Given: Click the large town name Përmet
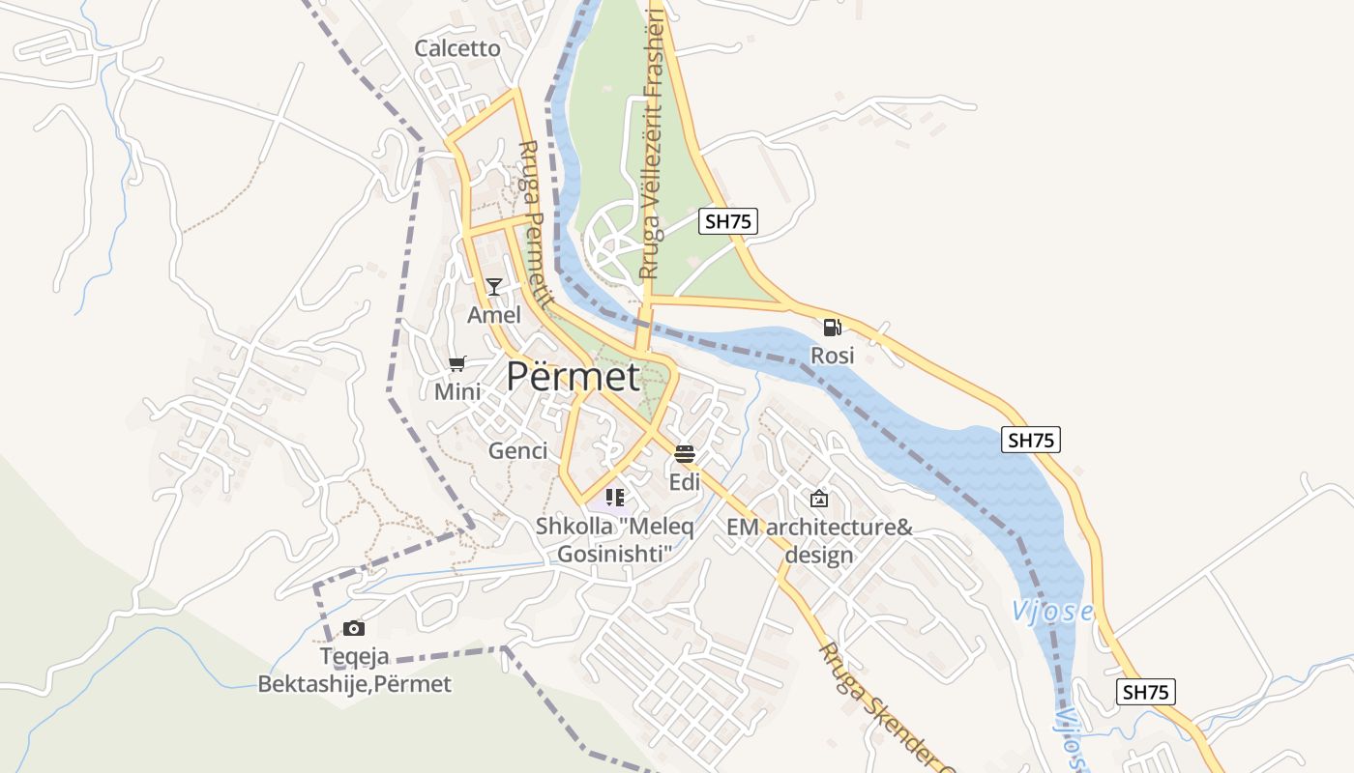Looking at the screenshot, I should tap(574, 377).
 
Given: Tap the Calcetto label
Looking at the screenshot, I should tap(457, 48).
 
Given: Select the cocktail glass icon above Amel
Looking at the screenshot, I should tap(494, 287).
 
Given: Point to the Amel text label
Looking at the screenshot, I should tap(494, 315).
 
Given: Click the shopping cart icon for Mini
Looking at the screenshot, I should tap(457, 364).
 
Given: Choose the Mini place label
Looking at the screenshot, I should tap(457, 392).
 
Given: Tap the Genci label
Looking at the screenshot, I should tap(517, 450).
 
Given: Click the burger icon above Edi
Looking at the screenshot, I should tap(685, 453).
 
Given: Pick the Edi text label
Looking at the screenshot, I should tap(685, 481).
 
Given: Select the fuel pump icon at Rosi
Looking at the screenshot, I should tap(832, 328).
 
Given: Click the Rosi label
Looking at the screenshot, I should tap(832, 356).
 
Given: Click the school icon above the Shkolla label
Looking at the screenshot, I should tap(614, 499).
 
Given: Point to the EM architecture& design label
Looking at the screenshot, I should tap(819, 541).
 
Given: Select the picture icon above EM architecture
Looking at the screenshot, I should tap(819, 499).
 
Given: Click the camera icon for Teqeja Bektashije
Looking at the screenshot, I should tap(354, 628).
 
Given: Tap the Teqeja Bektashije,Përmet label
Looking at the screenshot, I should tap(354, 671).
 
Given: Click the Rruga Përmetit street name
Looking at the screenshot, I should tap(534, 224).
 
